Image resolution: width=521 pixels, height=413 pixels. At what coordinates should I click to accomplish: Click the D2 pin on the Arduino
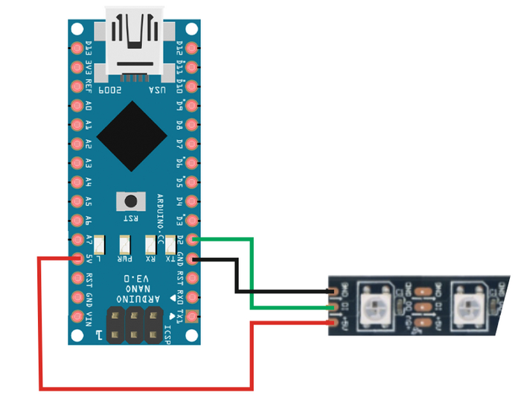(x=193, y=239)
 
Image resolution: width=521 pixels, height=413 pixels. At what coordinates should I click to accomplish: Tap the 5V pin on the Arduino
(x=77, y=259)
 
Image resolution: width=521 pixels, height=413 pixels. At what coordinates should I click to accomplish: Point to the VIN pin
(x=77, y=317)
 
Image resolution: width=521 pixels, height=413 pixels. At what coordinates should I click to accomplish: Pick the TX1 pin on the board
(x=193, y=317)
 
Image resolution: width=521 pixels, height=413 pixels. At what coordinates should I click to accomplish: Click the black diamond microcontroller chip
(x=132, y=134)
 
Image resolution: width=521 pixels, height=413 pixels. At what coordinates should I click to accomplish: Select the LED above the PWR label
(x=125, y=243)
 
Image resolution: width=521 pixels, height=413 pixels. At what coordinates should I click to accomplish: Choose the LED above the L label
(x=99, y=243)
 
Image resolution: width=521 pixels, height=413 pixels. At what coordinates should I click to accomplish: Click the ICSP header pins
(x=135, y=323)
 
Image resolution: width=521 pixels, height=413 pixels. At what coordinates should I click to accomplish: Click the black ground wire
(x=237, y=276)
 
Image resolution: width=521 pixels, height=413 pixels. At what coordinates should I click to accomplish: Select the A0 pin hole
(x=77, y=104)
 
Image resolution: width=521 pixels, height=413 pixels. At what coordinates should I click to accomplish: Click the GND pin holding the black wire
(x=193, y=259)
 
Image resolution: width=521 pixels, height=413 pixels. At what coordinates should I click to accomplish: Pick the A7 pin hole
(x=77, y=239)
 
